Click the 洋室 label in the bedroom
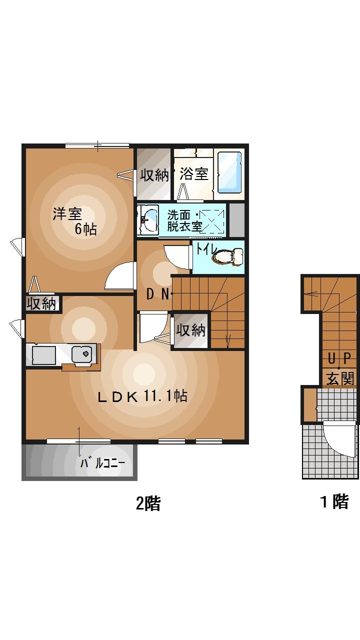(x=67, y=214)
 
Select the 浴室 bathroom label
(x=193, y=174)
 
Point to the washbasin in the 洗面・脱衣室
(x=148, y=218)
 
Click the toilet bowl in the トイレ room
(x=227, y=257)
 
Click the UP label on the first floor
(x=339, y=359)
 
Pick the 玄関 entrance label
(x=340, y=378)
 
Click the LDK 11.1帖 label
(x=142, y=397)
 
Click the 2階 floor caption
(x=148, y=503)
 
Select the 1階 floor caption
(x=334, y=501)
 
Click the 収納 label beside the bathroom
(x=154, y=175)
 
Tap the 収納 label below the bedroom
(x=42, y=303)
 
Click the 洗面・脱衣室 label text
(x=185, y=220)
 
